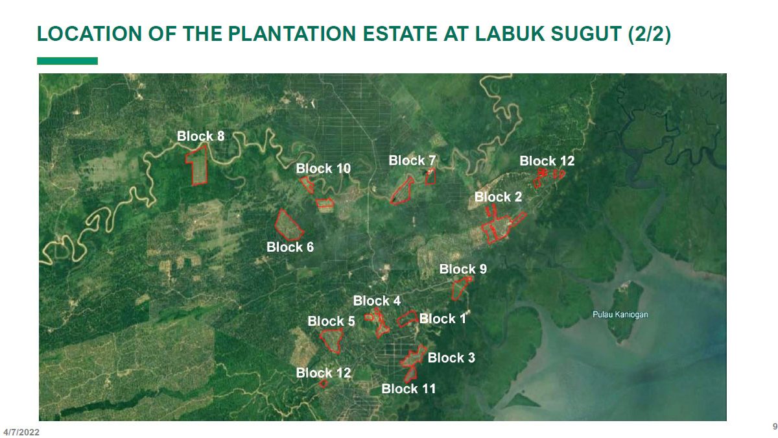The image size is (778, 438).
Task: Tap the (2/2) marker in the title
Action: point(649,34)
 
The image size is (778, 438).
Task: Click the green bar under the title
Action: point(67,61)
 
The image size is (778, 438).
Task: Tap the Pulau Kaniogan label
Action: point(620,315)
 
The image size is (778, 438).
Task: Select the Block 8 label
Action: point(201,136)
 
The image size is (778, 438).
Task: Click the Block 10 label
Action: point(324,169)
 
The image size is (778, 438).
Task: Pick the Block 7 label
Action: point(412,160)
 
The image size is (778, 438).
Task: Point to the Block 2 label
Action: point(498,197)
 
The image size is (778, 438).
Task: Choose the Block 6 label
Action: point(290,247)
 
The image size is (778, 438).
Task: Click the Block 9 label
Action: point(463,269)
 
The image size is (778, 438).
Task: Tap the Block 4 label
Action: point(377,301)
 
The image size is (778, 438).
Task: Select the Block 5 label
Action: point(331,321)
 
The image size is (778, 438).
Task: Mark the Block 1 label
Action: point(443,319)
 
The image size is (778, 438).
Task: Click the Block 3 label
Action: point(451,358)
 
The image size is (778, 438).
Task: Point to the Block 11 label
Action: point(408,389)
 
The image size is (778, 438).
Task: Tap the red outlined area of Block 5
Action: point(333,340)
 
